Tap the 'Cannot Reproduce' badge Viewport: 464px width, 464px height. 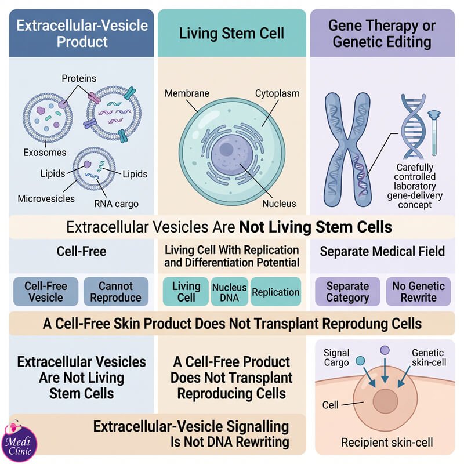coord(116,292)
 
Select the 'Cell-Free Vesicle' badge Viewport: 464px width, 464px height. coord(46,292)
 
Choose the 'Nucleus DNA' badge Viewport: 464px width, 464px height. coord(229,292)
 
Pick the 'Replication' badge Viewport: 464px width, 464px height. coord(275,292)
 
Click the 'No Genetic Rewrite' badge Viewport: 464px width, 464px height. coord(418,292)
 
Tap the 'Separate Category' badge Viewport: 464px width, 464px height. coord(347,292)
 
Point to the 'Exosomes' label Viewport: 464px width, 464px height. coord(45,153)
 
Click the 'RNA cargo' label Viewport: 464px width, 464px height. coord(117,204)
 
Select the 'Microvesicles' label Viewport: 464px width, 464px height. coord(46,198)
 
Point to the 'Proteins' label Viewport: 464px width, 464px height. coord(79,78)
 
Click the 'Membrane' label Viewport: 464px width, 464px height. coord(187,93)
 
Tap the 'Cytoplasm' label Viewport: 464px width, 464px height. coord(277,93)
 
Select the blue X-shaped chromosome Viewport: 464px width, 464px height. coord(347,150)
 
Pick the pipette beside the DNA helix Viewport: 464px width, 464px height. coord(434,133)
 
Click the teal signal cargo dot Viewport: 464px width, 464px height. coord(360,360)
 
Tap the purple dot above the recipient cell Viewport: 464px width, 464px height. coord(385,350)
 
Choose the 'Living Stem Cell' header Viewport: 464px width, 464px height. coord(231,33)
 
